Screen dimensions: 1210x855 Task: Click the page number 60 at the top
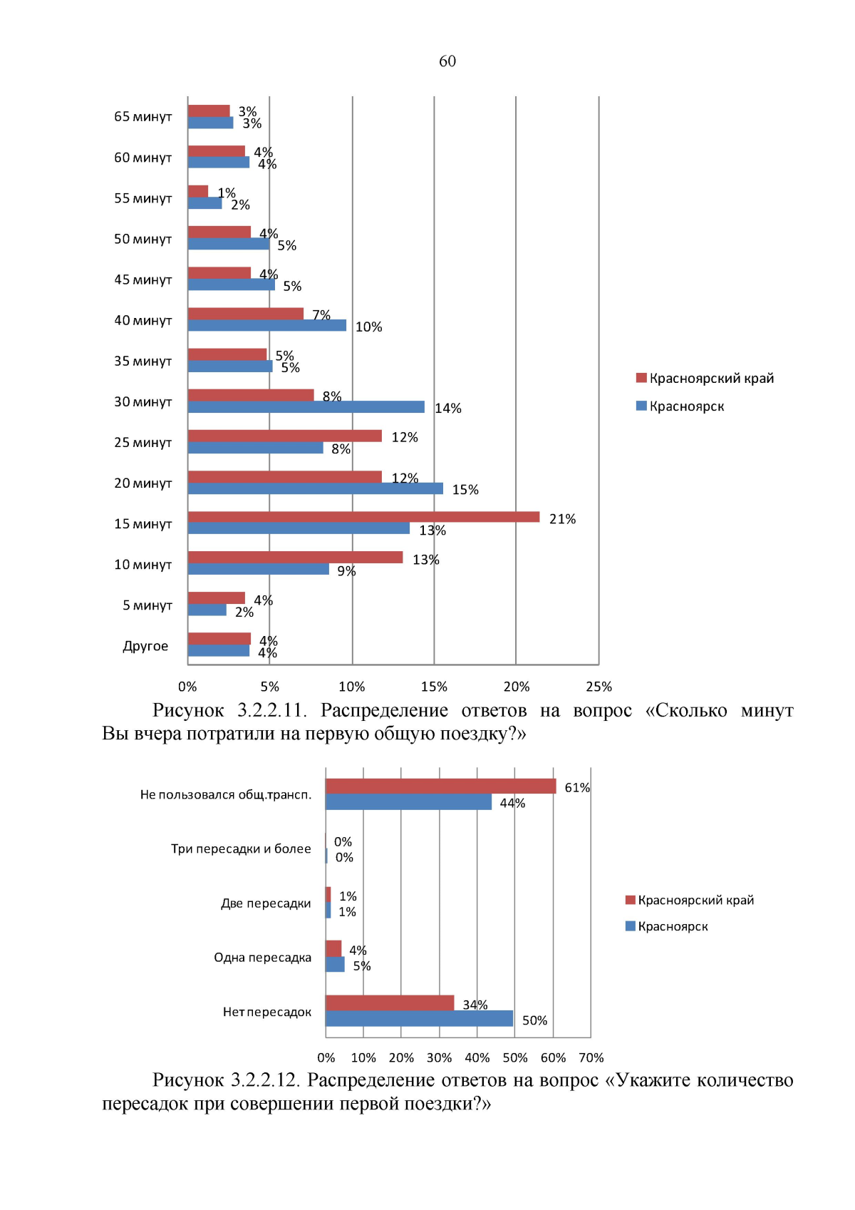pyautogui.click(x=447, y=61)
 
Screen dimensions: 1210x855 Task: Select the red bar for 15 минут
pyautogui.click(x=363, y=517)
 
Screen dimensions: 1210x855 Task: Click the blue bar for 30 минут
pyautogui.click(x=306, y=407)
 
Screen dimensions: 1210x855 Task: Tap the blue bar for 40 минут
pyautogui.click(x=267, y=326)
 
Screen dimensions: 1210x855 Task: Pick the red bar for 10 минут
pyautogui.click(x=295, y=558)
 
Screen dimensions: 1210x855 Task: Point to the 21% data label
pyautogui.click(x=562, y=519)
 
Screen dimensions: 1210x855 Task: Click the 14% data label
pyautogui.click(x=448, y=409)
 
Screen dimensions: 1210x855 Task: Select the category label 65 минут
pyautogui.click(x=143, y=117)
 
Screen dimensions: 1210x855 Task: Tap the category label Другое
pyautogui.click(x=145, y=646)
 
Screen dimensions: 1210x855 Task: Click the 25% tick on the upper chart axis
pyautogui.click(x=598, y=687)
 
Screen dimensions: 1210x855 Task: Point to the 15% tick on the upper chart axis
pyautogui.click(x=434, y=687)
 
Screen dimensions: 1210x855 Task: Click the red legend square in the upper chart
pyautogui.click(x=641, y=378)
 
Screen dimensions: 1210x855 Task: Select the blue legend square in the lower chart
pyautogui.click(x=630, y=926)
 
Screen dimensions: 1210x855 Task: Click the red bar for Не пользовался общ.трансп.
pyautogui.click(x=440, y=786)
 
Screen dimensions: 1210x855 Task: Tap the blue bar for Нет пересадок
pyautogui.click(x=419, y=1019)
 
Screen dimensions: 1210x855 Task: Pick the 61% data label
pyautogui.click(x=577, y=788)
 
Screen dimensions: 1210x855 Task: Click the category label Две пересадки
pyautogui.click(x=266, y=903)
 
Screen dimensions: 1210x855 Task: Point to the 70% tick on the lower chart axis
pyautogui.click(x=591, y=1058)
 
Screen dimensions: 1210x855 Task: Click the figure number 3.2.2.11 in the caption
pyautogui.click(x=271, y=711)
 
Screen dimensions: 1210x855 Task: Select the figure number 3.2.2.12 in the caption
pyautogui.click(x=264, y=1081)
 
